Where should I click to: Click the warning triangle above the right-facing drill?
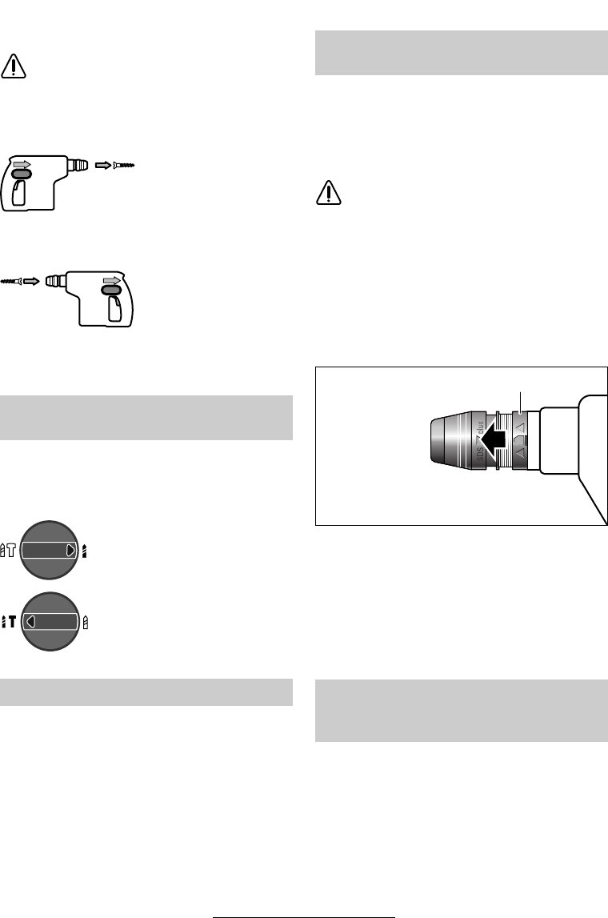point(14,66)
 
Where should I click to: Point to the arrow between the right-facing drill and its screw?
point(104,166)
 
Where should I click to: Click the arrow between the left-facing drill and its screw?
point(30,281)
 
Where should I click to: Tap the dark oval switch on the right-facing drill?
point(22,173)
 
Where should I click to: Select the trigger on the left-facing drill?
point(114,310)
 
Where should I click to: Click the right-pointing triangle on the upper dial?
point(71,551)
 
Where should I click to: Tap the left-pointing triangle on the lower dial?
point(30,620)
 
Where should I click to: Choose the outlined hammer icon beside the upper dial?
point(10,551)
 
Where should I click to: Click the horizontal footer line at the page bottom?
point(304,912)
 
